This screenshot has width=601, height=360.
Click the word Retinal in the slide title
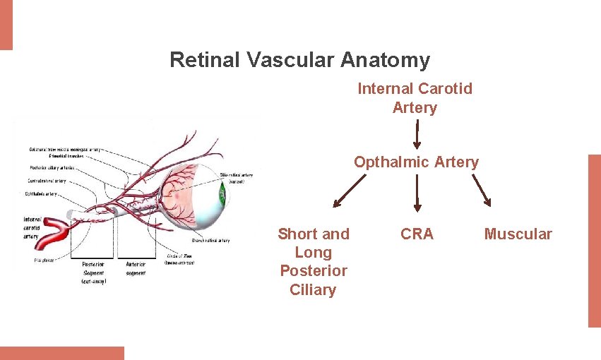click(206, 60)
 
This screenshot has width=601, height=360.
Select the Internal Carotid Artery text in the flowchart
click(415, 98)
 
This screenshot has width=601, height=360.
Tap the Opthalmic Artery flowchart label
click(416, 162)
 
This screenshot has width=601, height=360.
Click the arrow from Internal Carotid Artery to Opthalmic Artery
click(417, 133)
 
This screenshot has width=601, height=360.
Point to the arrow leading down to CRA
click(417, 193)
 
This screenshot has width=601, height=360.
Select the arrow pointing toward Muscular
click(481, 191)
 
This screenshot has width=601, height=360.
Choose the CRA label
click(417, 234)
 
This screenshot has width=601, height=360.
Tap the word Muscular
click(518, 234)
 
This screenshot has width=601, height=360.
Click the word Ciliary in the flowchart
click(313, 289)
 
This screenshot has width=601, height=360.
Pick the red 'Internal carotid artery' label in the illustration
click(31, 227)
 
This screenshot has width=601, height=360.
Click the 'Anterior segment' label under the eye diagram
click(136, 269)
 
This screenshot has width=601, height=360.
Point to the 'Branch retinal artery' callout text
click(210, 241)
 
